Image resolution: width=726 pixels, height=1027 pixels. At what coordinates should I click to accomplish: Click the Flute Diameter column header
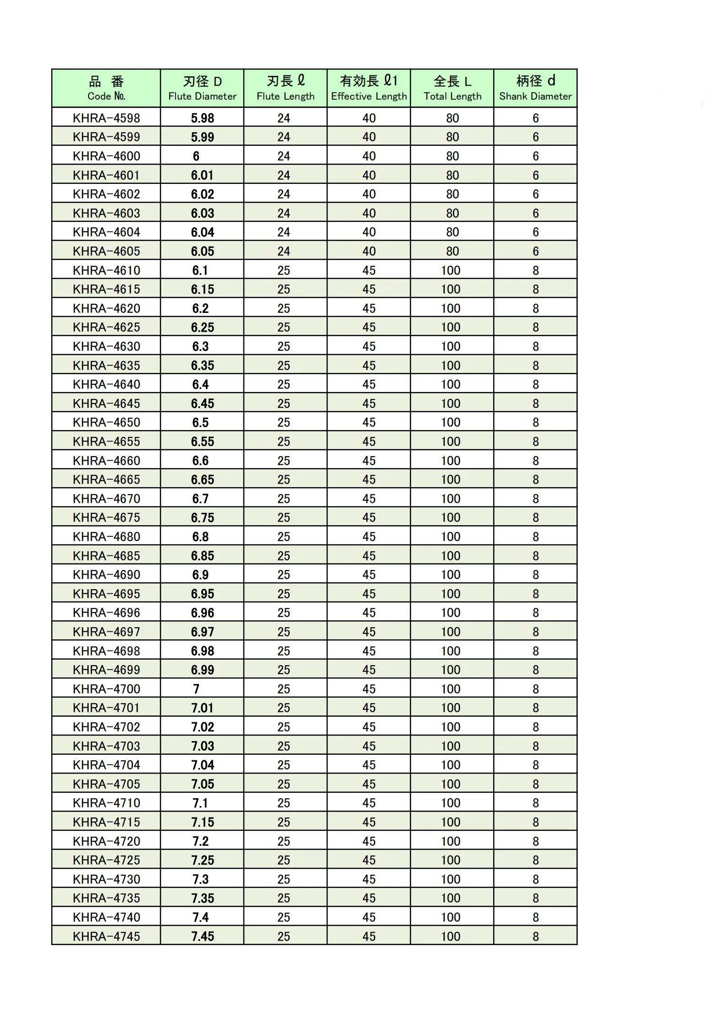pos(202,88)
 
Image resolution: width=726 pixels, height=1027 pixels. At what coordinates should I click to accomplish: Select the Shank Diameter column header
pos(535,88)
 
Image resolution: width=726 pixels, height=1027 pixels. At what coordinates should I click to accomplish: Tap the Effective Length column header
pos(369,88)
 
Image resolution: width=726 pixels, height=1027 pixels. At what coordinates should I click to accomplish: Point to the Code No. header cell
pos(106,88)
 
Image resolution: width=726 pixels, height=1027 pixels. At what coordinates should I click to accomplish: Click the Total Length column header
pos(452,88)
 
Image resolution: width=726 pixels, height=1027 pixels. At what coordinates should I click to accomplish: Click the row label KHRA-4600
pos(107,156)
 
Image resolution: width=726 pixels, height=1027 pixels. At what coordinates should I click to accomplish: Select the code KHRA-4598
pos(107,118)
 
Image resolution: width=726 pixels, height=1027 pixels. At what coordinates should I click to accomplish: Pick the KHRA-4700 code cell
pos(107,688)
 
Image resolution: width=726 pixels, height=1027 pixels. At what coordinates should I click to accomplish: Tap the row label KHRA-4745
pos(107,936)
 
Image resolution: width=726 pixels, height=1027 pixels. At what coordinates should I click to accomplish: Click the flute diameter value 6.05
pos(202,251)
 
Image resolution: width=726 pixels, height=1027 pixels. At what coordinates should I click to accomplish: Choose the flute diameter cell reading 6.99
pos(202,670)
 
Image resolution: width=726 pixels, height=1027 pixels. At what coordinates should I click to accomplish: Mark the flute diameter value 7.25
pos(202,860)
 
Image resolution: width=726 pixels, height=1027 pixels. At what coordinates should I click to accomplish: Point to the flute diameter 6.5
pos(200,422)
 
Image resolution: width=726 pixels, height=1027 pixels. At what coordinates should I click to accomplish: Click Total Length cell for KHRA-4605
pos(452,251)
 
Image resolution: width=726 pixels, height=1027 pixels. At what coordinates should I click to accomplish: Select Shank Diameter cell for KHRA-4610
pos(535,270)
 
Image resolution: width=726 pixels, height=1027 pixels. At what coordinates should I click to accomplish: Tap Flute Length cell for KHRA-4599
pos(284,137)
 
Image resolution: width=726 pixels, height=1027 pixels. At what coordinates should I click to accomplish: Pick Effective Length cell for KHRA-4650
pos(369,422)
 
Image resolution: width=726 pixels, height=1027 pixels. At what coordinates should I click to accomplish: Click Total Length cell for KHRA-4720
pos(451,841)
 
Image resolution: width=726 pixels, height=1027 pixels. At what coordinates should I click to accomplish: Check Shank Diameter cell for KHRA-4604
pos(535,232)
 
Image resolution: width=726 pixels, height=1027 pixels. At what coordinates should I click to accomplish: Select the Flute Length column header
pos(285,88)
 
